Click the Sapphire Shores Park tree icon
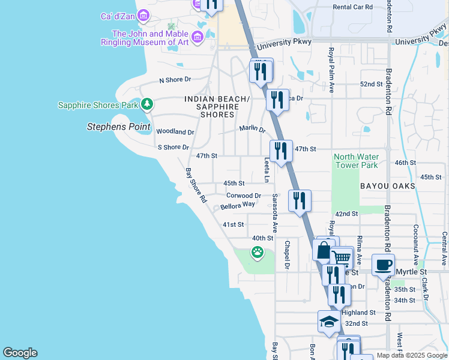147,105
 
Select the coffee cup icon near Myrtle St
383,265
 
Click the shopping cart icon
342,258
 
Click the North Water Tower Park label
356,161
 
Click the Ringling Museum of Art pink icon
197,38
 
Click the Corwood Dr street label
244,195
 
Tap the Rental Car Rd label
353,7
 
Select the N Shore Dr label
175,79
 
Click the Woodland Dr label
175,131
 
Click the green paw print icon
258,252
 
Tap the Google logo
20,353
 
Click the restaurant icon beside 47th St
280,151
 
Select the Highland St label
358,313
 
